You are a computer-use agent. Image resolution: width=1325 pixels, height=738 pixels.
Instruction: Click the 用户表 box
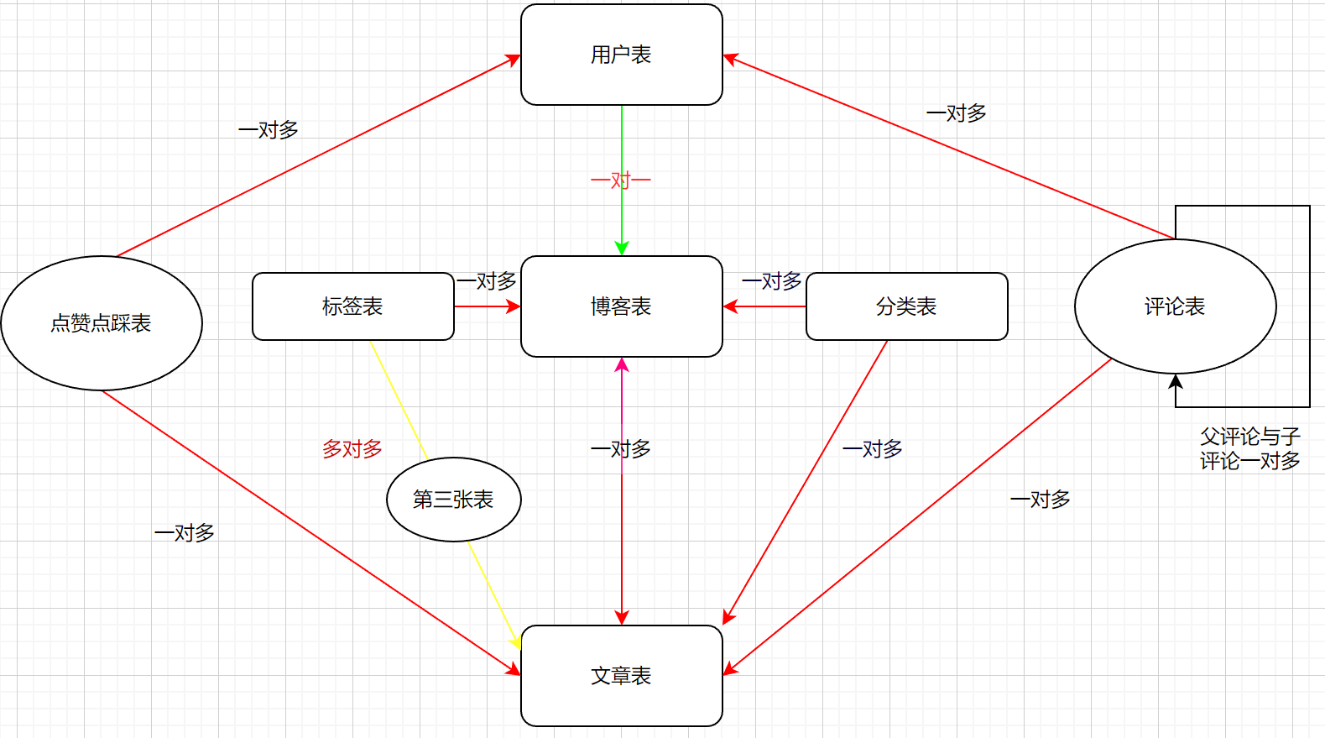621,55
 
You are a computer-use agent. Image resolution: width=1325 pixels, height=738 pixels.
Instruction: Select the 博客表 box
621,306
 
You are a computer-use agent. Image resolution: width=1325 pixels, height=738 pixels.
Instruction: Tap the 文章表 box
621,676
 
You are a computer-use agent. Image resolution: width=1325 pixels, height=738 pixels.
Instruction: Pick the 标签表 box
352,306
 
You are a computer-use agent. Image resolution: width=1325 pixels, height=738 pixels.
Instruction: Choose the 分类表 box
906,306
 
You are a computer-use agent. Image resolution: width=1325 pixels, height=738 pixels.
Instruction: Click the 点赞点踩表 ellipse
101,323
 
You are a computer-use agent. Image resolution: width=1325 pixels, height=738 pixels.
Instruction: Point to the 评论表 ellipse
1175,306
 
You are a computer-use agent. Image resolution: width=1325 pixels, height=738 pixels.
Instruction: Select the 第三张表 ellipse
453,500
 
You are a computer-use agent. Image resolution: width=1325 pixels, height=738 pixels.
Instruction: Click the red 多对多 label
352,449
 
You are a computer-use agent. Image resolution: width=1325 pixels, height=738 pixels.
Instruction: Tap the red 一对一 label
621,181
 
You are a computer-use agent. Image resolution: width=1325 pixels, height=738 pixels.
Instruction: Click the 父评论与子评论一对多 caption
1249,448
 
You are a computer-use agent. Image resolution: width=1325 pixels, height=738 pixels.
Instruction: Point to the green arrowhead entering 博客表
622,249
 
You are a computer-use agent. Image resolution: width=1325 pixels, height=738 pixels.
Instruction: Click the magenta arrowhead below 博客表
622,365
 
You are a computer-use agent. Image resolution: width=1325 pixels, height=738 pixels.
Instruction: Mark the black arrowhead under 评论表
1176,381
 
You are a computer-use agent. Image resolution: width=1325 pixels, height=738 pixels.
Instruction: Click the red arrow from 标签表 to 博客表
487,306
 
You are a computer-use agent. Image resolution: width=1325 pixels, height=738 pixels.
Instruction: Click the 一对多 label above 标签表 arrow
487,281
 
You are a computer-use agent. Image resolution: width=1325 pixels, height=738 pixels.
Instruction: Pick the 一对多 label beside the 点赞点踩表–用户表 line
269,130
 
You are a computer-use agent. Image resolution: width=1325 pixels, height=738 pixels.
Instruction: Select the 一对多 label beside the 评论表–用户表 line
957,113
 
